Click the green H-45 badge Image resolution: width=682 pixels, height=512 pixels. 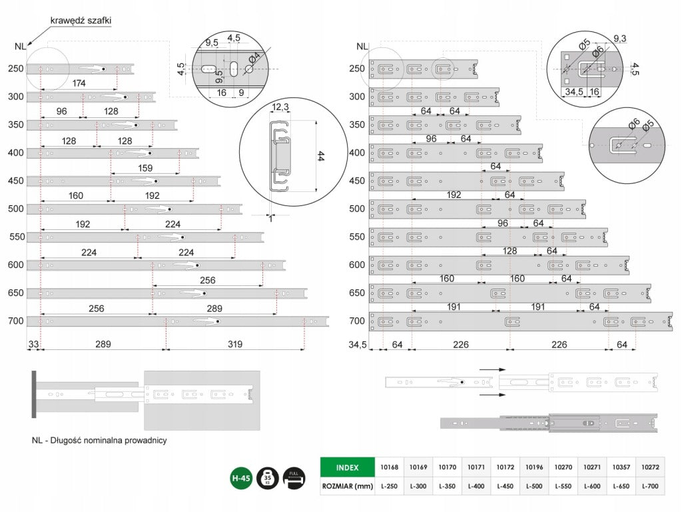coord(240,479)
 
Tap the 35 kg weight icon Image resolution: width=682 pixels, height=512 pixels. coord(268,479)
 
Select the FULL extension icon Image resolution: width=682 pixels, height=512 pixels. coord(294,479)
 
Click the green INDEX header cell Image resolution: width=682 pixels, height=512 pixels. coord(347,467)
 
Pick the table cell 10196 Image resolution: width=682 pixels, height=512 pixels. coord(534,467)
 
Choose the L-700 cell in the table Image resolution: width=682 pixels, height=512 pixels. coord(650,486)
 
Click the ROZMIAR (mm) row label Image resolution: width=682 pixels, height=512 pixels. coord(347,486)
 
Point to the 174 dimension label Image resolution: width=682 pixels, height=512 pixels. coord(79,83)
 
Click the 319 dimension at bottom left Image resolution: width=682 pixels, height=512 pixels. coord(235,345)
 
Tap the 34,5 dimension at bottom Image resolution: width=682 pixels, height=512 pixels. coord(358,345)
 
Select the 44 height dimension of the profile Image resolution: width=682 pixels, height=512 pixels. coord(320,156)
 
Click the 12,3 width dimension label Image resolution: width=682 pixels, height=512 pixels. coord(280,107)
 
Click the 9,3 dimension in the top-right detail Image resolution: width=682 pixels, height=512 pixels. coord(620,38)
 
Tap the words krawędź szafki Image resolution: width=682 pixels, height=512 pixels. coord(81,21)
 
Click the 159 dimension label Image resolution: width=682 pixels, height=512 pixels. coord(145,168)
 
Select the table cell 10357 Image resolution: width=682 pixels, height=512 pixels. coord(621,467)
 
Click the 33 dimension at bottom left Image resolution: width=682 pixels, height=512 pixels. coord(33,345)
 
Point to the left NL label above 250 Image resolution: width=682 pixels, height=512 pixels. coord(19,47)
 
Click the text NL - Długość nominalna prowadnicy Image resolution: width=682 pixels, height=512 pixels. coord(99,440)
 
